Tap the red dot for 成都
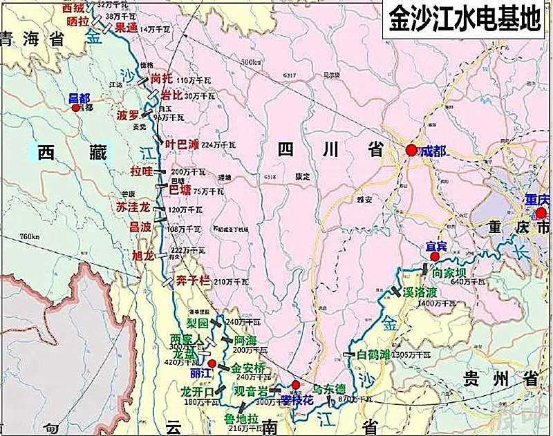(412, 150)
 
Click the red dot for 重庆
(541, 214)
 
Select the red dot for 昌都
(76, 108)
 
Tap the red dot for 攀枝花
(296, 385)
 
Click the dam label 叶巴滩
(182, 144)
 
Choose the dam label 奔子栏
(194, 281)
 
